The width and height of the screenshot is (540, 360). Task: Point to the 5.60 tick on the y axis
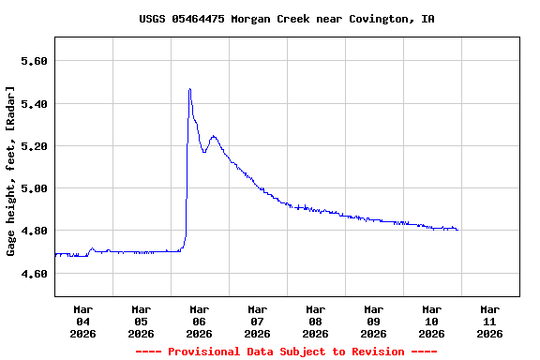click(34, 61)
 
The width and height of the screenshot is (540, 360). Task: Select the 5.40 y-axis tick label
click(34, 103)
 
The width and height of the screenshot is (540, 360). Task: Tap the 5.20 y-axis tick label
click(34, 146)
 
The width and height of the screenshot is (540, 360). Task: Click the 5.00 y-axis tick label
click(34, 188)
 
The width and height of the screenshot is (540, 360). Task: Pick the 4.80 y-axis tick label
click(34, 231)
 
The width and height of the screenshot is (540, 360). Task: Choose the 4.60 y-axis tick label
click(34, 274)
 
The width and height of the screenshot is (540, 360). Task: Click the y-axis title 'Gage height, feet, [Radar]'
click(11, 171)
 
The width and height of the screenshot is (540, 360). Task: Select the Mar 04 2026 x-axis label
click(82, 321)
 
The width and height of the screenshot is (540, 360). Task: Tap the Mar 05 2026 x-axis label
click(141, 321)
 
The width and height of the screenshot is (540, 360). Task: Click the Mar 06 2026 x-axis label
click(199, 321)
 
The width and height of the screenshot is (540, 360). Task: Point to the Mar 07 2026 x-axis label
click(257, 321)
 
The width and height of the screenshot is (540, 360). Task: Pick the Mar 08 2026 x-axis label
click(315, 321)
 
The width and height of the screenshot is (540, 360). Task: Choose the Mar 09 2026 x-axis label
click(373, 321)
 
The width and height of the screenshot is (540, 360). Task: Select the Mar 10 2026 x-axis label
click(431, 321)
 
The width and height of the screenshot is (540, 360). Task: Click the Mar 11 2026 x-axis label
click(489, 321)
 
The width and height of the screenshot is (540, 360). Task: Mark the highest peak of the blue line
click(189, 89)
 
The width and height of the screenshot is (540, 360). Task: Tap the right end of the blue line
click(457, 229)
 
